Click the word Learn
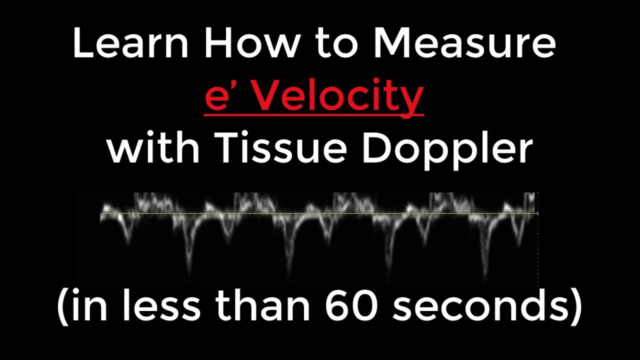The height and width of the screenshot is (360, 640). [130, 43]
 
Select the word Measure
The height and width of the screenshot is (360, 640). [465, 43]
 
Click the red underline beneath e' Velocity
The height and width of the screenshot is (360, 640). [314, 115]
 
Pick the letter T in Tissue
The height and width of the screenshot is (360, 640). [230, 148]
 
